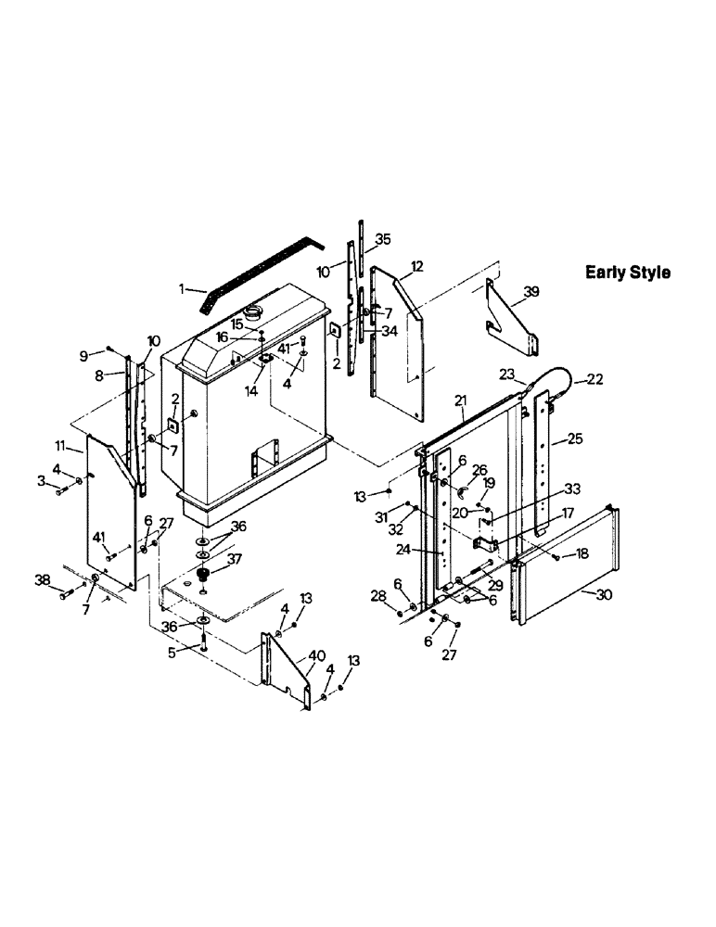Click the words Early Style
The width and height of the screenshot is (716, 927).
[x=627, y=273]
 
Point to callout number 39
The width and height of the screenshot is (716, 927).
[x=531, y=291]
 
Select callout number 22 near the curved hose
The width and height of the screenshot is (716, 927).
[x=593, y=378]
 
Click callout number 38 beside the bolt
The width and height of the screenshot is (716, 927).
[x=43, y=579]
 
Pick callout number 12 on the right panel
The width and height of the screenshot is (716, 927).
[x=416, y=267]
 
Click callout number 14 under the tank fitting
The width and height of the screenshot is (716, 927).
[x=251, y=392]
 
